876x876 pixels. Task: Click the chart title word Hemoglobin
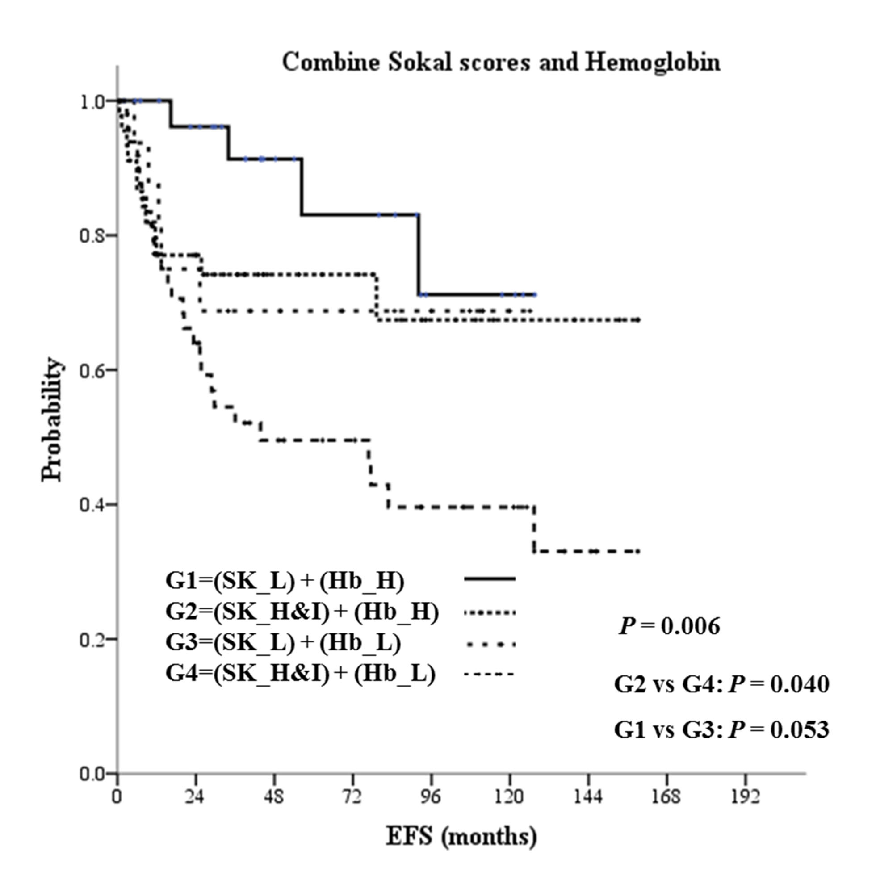653,62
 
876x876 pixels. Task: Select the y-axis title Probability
51,419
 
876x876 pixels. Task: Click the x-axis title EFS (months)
461,835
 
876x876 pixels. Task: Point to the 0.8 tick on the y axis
93,236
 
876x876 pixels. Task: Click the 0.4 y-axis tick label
93,505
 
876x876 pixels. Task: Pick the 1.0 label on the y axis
93,102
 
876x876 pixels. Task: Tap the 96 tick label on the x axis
430,796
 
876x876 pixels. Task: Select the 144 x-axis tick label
588,796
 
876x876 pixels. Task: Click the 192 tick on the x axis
745,796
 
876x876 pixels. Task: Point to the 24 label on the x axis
195,796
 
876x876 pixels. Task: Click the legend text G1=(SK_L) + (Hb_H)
285,581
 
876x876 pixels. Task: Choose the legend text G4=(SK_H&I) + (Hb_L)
300,674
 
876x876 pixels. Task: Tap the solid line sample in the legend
490,578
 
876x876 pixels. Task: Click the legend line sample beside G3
490,643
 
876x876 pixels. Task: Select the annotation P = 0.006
669,626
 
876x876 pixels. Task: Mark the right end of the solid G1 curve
535,295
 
